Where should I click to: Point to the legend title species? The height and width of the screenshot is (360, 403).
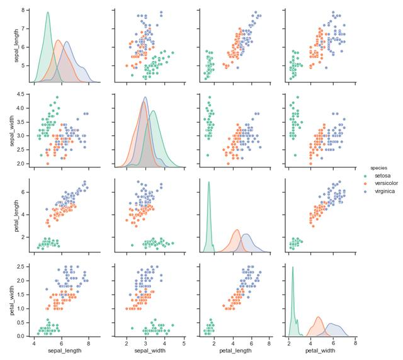[x=378, y=167]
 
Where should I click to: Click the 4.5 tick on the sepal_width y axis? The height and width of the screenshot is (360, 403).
[x=20, y=94]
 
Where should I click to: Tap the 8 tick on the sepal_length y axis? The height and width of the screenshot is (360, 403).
[x=23, y=11]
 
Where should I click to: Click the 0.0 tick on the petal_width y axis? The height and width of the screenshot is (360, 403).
[x=20, y=336]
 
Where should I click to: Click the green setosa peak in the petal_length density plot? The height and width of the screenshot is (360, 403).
[x=208, y=182]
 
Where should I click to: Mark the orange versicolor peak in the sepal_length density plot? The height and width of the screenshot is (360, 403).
[x=59, y=40]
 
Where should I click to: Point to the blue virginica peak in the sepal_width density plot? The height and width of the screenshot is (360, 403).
[x=145, y=97]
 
